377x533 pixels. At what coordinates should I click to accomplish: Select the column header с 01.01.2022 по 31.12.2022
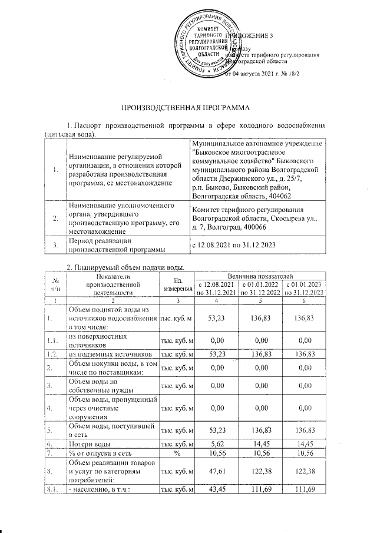click(x=261, y=288)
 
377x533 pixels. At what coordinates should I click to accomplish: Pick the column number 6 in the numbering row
click(x=304, y=301)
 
